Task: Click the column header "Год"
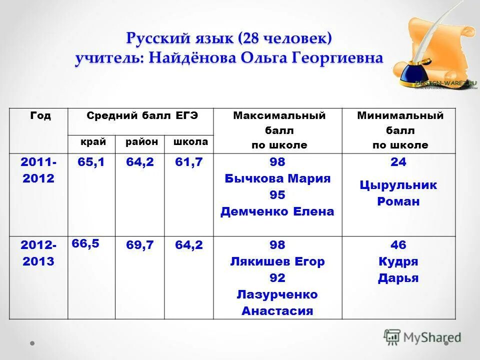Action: tap(40, 116)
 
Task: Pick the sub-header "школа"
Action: tap(190, 142)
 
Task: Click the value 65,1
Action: tap(91, 162)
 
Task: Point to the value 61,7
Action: tap(188, 162)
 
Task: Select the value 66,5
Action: tap(85, 243)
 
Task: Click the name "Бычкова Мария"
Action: tap(277, 178)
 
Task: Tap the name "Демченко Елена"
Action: tap(277, 211)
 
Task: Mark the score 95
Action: tap(277, 195)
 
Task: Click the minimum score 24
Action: tap(399, 162)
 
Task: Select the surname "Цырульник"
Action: tap(399, 185)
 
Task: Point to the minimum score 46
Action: tap(399, 245)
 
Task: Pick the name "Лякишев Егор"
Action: tap(277, 261)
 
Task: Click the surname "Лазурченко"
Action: tap(277, 294)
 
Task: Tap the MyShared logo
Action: tap(422, 337)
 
